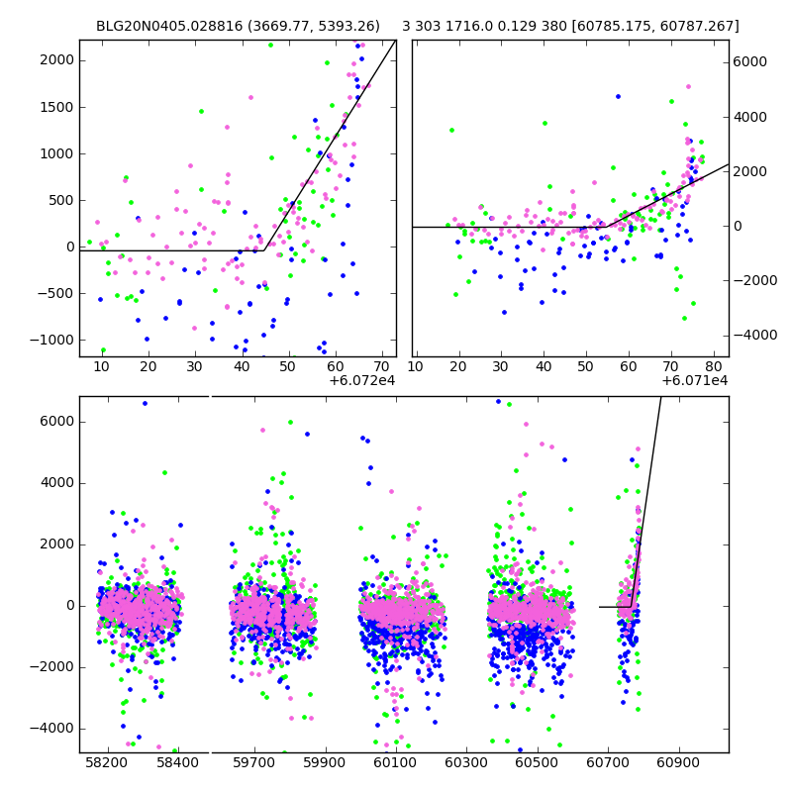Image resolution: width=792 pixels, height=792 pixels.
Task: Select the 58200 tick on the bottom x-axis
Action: [107, 763]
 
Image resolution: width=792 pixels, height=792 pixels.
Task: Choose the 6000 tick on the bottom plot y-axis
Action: [58, 422]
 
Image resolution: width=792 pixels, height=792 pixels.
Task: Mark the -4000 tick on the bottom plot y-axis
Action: [55, 729]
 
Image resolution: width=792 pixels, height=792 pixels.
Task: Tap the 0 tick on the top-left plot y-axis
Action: [69, 247]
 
